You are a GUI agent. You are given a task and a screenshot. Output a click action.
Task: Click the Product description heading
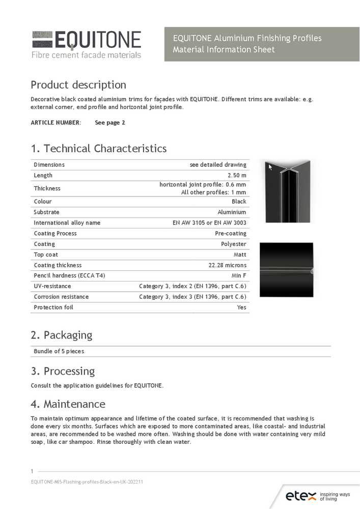click(x=78, y=84)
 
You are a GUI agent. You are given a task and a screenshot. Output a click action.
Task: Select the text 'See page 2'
click(x=110, y=123)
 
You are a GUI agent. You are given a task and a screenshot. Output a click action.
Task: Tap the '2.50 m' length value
click(x=237, y=176)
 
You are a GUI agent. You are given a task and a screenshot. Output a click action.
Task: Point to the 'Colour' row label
click(x=43, y=202)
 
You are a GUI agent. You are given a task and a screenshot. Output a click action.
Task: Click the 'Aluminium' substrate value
click(x=232, y=212)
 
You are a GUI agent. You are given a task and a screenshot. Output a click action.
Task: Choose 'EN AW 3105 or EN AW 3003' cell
click(x=209, y=223)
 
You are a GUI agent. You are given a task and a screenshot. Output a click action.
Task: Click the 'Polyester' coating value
click(x=233, y=244)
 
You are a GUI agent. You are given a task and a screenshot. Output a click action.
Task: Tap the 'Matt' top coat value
click(x=240, y=255)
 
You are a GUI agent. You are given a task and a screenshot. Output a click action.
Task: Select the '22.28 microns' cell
click(x=227, y=266)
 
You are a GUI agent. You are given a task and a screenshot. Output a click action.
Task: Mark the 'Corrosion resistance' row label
click(x=61, y=297)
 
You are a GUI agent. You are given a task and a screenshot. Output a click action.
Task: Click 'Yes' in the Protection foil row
click(x=241, y=308)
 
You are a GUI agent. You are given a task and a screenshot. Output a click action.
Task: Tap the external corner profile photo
click(x=288, y=191)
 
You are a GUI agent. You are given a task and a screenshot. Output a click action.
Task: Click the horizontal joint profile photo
click(x=286, y=270)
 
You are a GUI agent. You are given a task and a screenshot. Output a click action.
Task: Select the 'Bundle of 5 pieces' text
click(x=59, y=352)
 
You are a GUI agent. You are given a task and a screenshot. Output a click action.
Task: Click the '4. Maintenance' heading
click(x=68, y=404)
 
